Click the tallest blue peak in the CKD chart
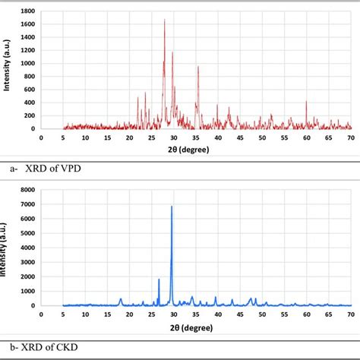pyautogui.click(x=172, y=207)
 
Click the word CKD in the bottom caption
pyautogui.click(x=65, y=347)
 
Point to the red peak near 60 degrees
pyautogui.click(x=306, y=102)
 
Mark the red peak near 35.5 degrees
pyautogui.click(x=198, y=68)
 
